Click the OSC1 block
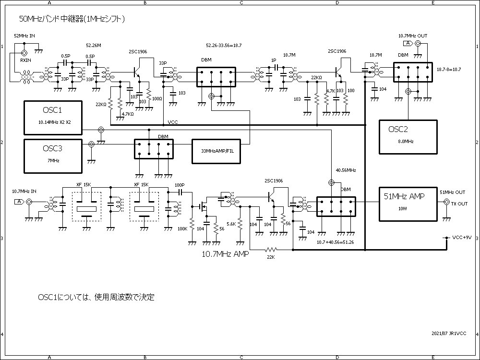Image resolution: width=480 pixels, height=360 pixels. tap(53, 118)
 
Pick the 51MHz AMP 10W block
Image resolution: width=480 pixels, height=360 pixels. tap(408, 204)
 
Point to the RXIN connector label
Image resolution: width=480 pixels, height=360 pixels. tap(25, 60)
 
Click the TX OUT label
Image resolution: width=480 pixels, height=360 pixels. tap(459, 204)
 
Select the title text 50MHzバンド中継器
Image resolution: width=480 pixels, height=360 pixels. tap(72, 19)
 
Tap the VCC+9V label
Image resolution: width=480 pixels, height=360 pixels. tap(462, 238)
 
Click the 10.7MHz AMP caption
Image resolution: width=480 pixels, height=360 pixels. tap(226, 255)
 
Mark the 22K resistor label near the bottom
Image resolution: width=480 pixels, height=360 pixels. tap(271, 257)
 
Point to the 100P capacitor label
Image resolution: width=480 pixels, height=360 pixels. tap(180, 185)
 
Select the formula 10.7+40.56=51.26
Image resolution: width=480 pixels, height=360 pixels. tap(335, 242)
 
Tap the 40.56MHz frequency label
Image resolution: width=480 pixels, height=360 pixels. tap(346, 170)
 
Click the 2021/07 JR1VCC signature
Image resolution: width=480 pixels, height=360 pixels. tap(449, 333)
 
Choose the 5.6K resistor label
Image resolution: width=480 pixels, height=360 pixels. tap(231, 224)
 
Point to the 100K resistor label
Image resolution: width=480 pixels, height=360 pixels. tap(182, 229)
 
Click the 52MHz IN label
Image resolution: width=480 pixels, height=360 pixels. tap(24, 36)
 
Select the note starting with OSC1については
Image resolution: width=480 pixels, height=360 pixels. tap(96, 298)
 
